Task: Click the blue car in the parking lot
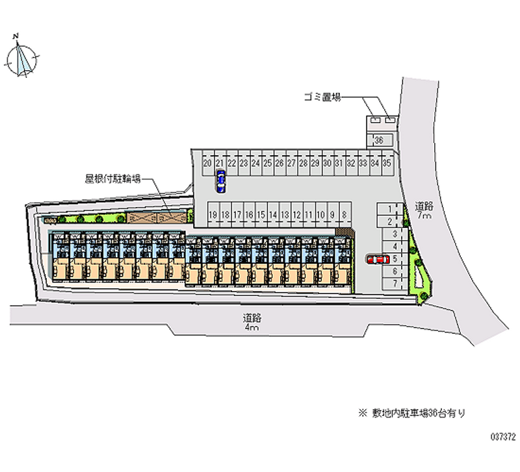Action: tap(221, 181)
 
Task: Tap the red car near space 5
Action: tap(376, 259)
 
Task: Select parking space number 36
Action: tap(380, 140)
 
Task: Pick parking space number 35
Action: tap(387, 163)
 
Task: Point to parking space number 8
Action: tap(344, 214)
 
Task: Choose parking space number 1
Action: tap(389, 209)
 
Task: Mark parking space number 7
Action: tap(395, 283)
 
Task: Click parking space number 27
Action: tap(291, 163)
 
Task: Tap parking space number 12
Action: tap(296, 214)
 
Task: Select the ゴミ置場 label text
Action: tap(322, 97)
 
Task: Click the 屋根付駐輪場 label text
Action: tap(112, 176)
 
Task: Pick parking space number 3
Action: tap(395, 234)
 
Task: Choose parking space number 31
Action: tap(339, 163)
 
